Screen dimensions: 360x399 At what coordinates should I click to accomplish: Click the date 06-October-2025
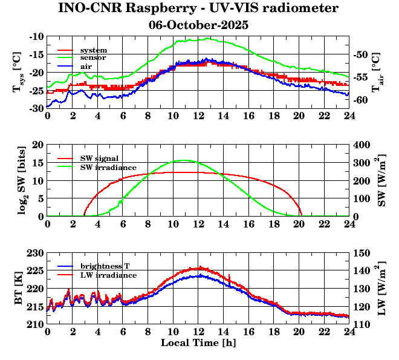(x=198, y=25)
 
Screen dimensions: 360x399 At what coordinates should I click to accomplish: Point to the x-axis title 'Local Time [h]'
(x=198, y=342)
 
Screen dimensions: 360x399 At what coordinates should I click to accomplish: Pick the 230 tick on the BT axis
(x=35, y=252)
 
